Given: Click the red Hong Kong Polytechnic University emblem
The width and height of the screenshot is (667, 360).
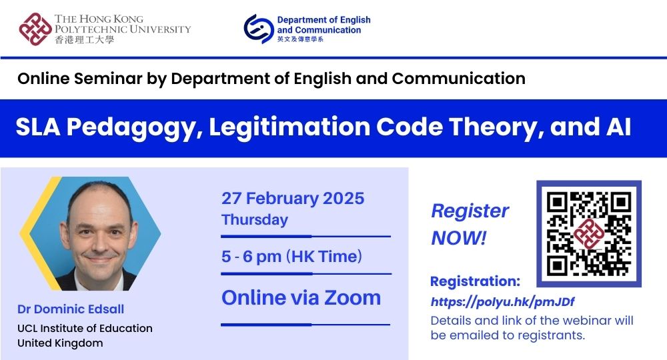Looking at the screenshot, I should coord(35,29).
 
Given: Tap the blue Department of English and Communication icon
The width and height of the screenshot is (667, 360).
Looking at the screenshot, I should coord(258,29).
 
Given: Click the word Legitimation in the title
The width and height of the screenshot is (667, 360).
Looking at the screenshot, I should coord(281,127).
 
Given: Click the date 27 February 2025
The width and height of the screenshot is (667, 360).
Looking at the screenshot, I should coord(293,199).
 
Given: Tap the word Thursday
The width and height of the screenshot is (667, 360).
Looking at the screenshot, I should coord(255,219).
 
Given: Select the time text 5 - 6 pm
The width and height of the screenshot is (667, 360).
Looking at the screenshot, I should coord(251,257).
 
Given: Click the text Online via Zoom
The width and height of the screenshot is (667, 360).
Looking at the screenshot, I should coord(301,297).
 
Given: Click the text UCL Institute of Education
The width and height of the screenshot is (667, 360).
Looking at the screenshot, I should coord(85,328).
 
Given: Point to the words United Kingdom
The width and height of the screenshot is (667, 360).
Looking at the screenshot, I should coord(60,343).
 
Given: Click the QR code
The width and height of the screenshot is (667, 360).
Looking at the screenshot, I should coord(588,233).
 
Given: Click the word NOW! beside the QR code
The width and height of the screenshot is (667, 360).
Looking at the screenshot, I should coord(458,237).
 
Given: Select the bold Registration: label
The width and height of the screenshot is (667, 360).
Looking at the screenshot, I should coord(475,281).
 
